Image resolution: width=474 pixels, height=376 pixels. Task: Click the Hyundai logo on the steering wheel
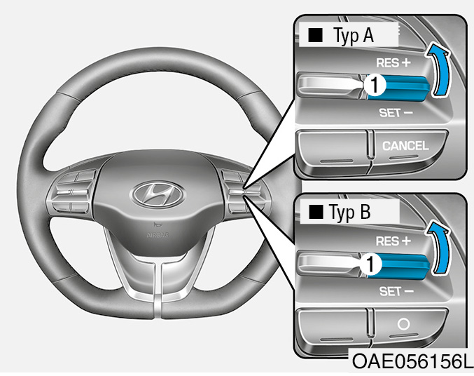[x=158, y=195]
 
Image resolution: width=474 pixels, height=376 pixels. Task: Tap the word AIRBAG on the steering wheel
[x=158, y=235]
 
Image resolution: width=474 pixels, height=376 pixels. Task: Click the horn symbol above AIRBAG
[x=157, y=224]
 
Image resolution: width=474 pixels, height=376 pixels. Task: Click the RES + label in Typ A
[x=393, y=62]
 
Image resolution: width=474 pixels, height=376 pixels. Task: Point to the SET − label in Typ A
[x=396, y=113]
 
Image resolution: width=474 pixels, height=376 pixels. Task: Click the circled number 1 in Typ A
[x=374, y=85]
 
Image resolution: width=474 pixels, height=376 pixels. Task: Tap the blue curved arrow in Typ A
[x=440, y=69]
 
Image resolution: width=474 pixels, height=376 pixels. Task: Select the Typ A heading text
[x=354, y=36]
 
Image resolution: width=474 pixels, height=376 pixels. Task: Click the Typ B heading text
[x=349, y=212]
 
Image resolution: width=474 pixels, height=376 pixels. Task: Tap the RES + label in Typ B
[x=393, y=241]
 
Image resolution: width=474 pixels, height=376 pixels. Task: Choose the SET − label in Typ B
[x=396, y=291]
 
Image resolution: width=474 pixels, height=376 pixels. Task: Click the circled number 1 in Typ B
[x=370, y=264]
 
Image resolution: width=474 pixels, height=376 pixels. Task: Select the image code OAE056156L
[x=412, y=361]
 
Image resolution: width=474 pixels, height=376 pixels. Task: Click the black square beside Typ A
[x=315, y=35]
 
